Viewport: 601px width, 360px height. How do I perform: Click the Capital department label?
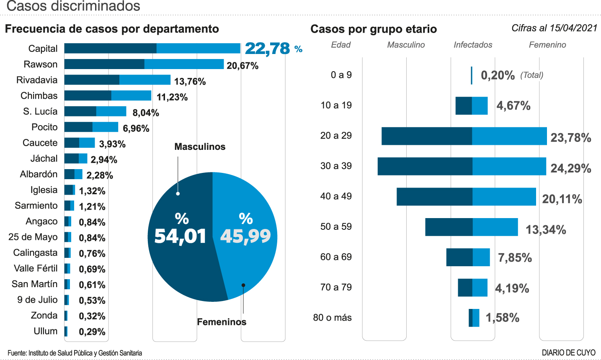[x=43, y=49]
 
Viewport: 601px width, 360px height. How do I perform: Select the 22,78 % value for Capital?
[x=273, y=49]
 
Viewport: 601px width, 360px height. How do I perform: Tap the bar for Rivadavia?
[x=117, y=80]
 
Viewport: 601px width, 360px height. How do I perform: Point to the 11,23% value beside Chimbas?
[x=172, y=97]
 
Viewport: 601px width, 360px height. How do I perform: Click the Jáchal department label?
[x=44, y=159]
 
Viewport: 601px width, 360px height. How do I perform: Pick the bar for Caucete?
[x=80, y=143]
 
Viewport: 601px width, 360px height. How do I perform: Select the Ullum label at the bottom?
[x=45, y=331]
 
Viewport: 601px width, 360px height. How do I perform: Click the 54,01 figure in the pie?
[x=180, y=237]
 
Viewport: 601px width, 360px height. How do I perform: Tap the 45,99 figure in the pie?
[x=245, y=237]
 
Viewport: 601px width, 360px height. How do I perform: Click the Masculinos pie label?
[x=200, y=147]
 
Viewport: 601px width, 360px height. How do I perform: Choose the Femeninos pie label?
[x=222, y=322]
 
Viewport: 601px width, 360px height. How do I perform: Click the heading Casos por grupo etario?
[x=374, y=29]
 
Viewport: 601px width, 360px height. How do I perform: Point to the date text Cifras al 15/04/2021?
[x=554, y=28]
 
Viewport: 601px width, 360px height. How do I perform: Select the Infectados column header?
[x=473, y=45]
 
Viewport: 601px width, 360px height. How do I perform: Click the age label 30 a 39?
[x=336, y=166]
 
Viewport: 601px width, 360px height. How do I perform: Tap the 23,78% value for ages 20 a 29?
[x=570, y=138]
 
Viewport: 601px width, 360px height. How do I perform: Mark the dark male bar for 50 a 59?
[x=449, y=227]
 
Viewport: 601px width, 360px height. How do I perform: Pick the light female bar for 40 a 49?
[x=504, y=197]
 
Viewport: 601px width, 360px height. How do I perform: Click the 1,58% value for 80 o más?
[x=502, y=318]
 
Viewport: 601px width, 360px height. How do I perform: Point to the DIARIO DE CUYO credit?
[x=568, y=353]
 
